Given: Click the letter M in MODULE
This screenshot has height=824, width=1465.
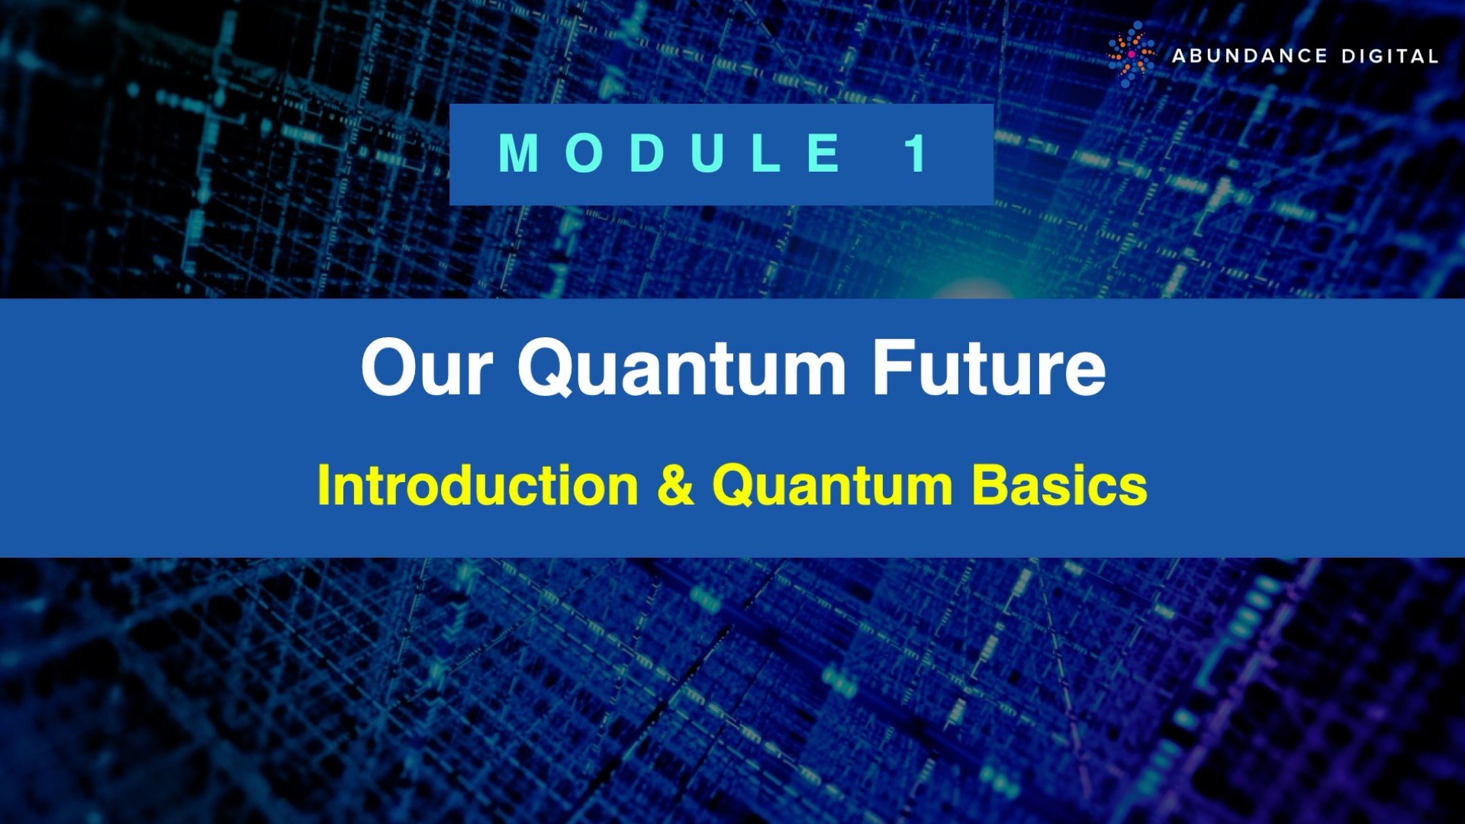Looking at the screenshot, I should (519, 153).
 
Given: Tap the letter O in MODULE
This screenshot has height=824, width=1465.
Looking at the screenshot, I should (585, 153).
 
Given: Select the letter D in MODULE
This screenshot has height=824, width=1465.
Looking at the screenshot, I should (648, 153).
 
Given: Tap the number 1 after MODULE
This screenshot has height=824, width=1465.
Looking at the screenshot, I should (916, 153).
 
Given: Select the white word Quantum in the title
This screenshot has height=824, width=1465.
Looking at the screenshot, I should (681, 369).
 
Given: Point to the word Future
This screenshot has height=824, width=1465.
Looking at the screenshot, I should (989, 369).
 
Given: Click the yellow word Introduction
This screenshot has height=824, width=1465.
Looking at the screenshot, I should (478, 486).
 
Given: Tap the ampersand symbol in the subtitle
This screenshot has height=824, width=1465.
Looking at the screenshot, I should (675, 486).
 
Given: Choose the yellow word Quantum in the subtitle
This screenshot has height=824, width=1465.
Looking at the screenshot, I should (832, 486).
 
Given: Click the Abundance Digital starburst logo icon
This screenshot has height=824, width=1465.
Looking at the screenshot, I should (1131, 55).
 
